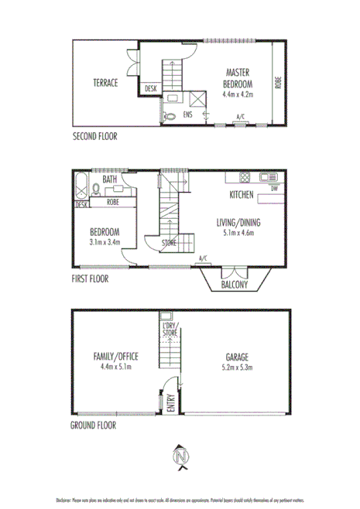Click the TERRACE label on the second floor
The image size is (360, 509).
105,83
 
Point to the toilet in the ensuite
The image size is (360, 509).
170,117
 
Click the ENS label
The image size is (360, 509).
187,114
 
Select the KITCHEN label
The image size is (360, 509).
242,196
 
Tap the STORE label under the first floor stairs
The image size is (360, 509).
169,244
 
